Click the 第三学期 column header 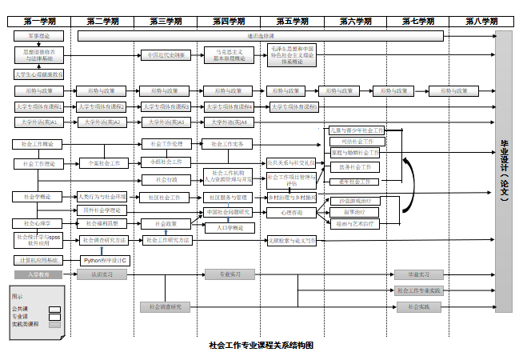tap(166, 21)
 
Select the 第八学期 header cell tap(481, 21)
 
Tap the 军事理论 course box tap(39, 36)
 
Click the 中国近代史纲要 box tap(166, 55)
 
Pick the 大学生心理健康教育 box tap(39, 74)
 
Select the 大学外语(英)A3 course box tap(166, 122)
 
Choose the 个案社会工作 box tap(103, 163)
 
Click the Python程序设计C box tap(106, 260)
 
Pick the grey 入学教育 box tap(39, 274)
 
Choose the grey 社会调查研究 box tap(166, 306)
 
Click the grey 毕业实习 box tap(419, 274)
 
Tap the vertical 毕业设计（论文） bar tap(503, 171)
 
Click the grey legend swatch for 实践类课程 tap(54, 325)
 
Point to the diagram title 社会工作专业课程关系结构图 tap(260, 346)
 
